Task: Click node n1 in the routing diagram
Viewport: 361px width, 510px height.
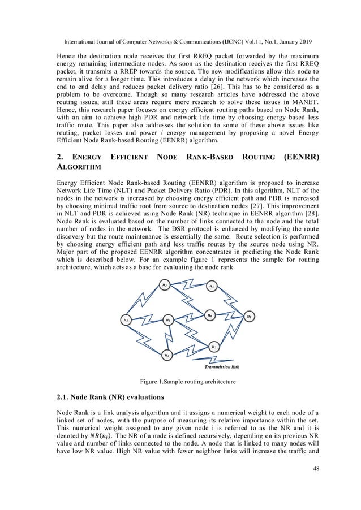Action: click(125, 320)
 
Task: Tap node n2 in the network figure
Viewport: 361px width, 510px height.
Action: click(164, 285)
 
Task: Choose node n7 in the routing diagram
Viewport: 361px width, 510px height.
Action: click(213, 347)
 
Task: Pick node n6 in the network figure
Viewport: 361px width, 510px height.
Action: click(209, 314)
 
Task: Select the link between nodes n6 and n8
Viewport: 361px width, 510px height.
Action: click(230, 315)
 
